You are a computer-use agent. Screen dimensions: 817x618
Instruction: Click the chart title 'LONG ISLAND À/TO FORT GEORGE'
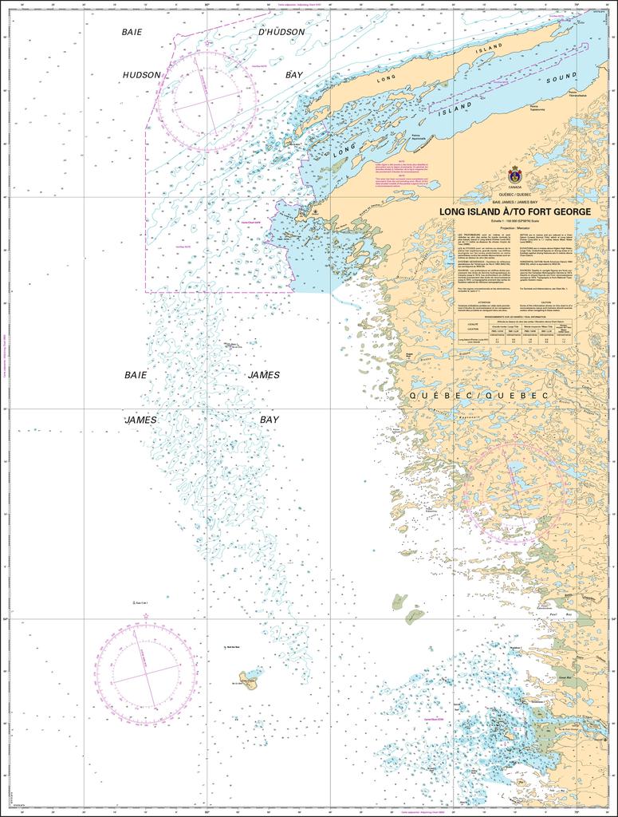pos(515,211)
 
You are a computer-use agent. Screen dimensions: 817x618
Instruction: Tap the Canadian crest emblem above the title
pos(514,173)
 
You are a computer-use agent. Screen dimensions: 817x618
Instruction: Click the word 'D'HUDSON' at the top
pos(280,32)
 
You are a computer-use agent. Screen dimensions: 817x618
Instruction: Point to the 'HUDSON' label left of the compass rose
pos(142,75)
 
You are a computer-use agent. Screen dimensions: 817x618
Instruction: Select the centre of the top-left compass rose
pos(206,101)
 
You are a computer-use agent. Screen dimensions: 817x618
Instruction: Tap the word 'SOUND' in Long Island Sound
pos(561,79)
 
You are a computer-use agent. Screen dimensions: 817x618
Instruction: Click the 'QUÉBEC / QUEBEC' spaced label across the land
pos(478,396)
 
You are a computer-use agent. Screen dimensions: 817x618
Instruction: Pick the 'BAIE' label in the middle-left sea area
pos(136,375)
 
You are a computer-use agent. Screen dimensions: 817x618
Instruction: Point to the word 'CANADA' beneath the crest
pos(514,187)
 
